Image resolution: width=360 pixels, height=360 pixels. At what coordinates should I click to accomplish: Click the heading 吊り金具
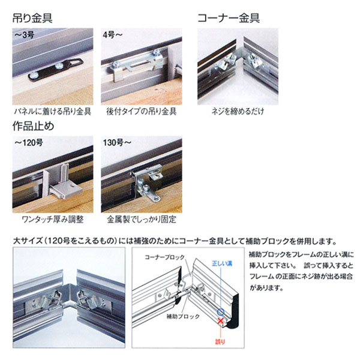coord(32,18)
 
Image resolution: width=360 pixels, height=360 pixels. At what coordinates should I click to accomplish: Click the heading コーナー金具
coord(229,18)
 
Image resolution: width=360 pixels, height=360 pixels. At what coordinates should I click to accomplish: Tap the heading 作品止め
coord(33,126)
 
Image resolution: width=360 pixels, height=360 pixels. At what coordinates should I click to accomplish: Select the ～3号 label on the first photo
coord(24,35)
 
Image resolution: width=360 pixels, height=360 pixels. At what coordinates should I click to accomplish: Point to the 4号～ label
coord(113,35)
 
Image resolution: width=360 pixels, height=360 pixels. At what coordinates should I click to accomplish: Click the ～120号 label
coord(28,143)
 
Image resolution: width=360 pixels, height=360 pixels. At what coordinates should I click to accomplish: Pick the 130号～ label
coord(117,143)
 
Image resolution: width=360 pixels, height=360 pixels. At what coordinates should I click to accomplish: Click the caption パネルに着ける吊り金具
coord(53,112)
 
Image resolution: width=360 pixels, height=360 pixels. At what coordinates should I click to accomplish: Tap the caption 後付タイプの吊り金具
coord(142,112)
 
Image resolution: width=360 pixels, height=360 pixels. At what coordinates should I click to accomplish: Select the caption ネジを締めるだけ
coord(238,112)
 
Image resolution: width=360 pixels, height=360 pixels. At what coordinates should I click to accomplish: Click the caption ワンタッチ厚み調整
coord(53,220)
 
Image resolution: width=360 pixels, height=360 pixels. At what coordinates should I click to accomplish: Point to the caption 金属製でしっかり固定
coord(142,220)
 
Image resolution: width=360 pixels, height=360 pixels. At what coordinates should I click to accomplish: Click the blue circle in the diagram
coord(221,312)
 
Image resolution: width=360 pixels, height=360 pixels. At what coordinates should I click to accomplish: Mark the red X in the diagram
coord(221,321)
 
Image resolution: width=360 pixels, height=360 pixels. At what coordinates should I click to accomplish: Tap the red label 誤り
coord(220,342)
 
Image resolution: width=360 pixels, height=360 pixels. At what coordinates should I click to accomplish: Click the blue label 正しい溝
coord(222,263)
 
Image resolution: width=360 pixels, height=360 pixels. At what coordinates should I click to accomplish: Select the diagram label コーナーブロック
coord(164,257)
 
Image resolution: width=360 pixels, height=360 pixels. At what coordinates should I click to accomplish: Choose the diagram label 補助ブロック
coord(183,317)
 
